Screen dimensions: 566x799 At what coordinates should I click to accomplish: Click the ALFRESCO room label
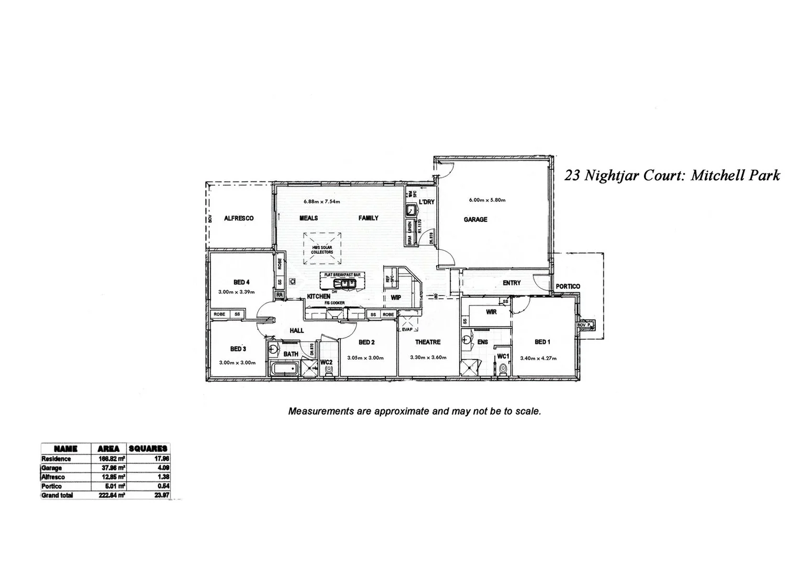click(239, 218)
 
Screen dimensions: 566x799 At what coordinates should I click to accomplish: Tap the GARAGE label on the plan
click(475, 220)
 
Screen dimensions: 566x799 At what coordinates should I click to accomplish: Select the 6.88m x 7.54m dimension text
click(321, 202)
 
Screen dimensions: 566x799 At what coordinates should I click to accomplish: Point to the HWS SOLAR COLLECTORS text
click(322, 250)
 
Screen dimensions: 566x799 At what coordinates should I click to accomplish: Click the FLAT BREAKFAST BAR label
click(342, 275)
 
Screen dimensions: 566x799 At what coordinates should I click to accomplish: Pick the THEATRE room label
click(428, 342)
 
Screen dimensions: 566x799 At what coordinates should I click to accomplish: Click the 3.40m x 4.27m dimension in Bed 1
click(538, 358)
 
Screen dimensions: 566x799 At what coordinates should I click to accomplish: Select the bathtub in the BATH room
click(283, 370)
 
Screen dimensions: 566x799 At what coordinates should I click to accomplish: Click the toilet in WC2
click(329, 370)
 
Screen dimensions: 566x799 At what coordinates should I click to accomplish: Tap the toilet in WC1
click(503, 369)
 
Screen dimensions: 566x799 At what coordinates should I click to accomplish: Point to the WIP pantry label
click(396, 298)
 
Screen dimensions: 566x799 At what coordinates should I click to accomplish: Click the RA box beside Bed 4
click(280, 295)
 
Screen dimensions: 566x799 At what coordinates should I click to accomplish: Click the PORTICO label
click(568, 287)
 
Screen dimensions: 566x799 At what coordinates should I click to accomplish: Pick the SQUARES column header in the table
click(148, 449)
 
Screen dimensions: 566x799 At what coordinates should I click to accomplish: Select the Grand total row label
click(57, 495)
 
